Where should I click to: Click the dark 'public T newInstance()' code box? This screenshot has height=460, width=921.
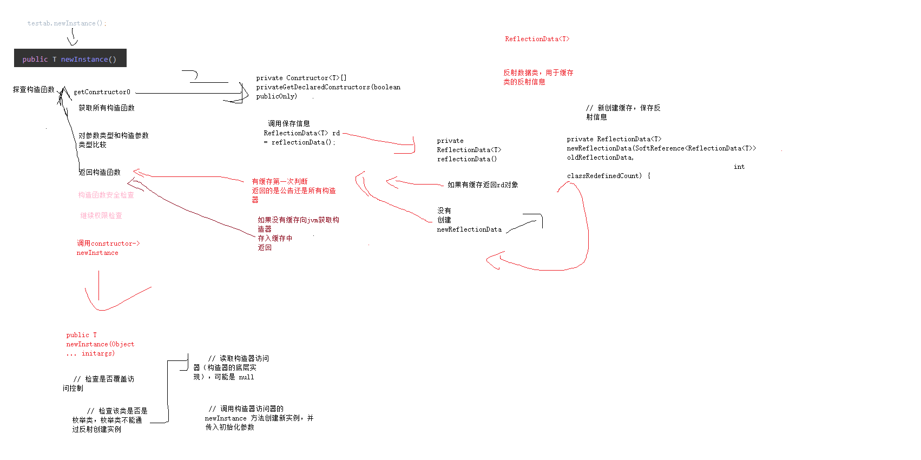[x=70, y=58]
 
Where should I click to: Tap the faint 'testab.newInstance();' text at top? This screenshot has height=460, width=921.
[x=67, y=23]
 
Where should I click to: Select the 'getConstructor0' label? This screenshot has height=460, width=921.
[x=102, y=92]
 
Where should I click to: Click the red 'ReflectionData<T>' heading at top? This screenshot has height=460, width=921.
[x=537, y=39]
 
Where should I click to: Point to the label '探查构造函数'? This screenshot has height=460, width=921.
[x=34, y=90]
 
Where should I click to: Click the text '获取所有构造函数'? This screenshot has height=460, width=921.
[x=106, y=108]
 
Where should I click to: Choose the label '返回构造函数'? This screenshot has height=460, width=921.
[x=100, y=173]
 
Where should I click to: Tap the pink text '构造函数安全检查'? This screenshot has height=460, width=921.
[x=106, y=195]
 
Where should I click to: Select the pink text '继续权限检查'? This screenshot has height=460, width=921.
[x=101, y=216]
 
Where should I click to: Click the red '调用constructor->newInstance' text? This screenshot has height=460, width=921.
[x=108, y=248]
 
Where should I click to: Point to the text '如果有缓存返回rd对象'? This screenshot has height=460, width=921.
[x=483, y=185]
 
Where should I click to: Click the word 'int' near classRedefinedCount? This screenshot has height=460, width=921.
[x=739, y=167]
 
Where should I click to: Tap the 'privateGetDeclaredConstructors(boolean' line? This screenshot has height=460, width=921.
[x=328, y=87]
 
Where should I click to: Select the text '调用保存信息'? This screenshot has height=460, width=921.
[x=289, y=124]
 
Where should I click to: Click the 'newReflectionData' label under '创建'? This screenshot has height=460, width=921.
[x=469, y=229]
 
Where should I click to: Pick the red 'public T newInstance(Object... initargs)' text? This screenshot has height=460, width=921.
[x=100, y=344]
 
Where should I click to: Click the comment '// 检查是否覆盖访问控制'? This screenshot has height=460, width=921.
[x=103, y=383]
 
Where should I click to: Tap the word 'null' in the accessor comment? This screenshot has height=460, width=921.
[x=246, y=377]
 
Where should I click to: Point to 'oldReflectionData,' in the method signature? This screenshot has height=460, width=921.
[x=600, y=157]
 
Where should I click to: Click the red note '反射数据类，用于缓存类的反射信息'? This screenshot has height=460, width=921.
[x=538, y=77]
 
